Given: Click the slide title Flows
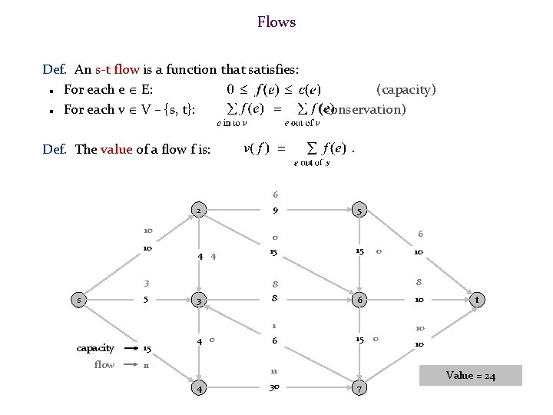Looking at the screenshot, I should coord(276,22).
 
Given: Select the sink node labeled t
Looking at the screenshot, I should coord(478,299).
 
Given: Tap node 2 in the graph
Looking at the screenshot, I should coord(198,211).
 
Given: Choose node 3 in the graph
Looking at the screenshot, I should coord(198,299).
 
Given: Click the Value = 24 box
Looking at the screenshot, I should coord(472,376).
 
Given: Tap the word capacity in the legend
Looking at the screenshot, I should coord(95,348).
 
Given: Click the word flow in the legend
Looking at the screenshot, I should coord(104,364).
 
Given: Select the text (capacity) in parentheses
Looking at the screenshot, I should coord(406,89).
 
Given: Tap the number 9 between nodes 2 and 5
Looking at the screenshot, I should coord(274,210).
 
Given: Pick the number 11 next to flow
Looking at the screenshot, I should coord(146,364).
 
